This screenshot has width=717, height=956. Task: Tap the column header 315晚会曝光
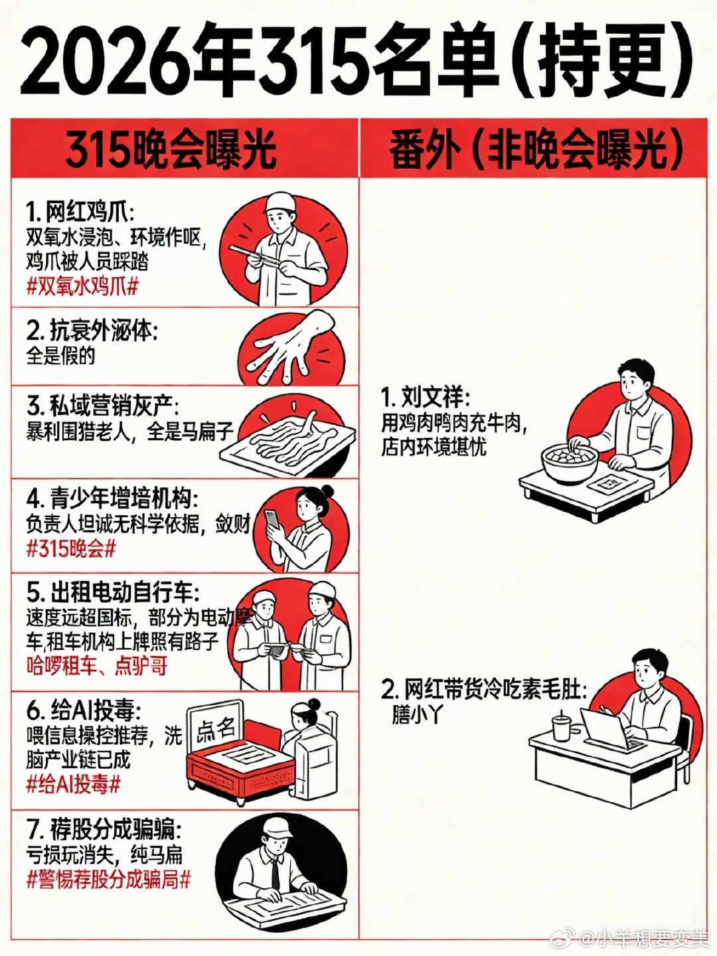point(171,149)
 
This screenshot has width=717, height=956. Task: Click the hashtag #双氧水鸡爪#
point(82,287)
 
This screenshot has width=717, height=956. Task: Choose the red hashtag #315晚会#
point(71,549)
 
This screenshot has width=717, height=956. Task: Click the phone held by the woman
point(272,519)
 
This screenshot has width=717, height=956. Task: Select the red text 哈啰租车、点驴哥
point(96,666)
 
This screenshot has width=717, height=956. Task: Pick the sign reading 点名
point(216,730)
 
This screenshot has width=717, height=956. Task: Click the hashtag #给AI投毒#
point(73,785)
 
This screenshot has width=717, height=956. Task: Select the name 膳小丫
point(417,715)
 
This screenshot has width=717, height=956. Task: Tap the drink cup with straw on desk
point(562,726)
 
